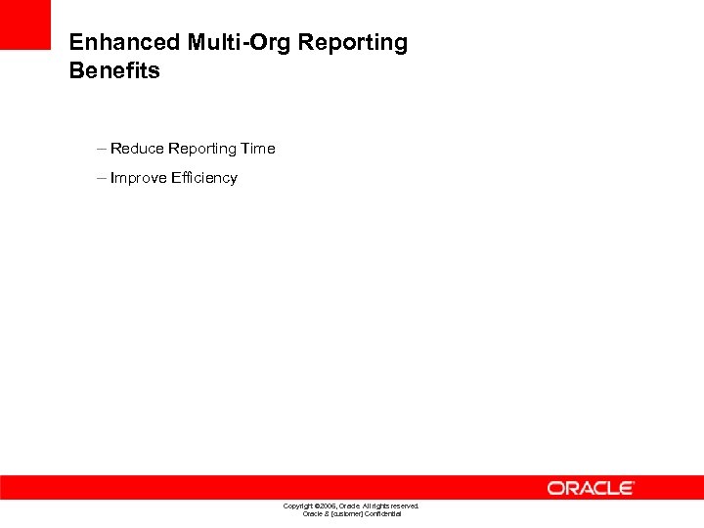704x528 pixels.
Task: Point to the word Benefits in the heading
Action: point(114,71)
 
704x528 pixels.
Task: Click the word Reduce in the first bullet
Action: point(137,149)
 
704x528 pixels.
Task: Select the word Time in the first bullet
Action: point(259,149)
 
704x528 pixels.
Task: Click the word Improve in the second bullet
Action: point(139,178)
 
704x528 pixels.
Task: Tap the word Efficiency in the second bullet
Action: point(204,178)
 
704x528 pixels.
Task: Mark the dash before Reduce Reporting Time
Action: point(102,149)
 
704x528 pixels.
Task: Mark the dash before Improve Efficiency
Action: point(102,178)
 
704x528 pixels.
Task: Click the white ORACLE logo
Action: point(591,488)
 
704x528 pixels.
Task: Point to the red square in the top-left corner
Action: point(24,24)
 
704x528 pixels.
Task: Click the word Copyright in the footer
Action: point(299,506)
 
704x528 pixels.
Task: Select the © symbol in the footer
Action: point(317,506)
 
